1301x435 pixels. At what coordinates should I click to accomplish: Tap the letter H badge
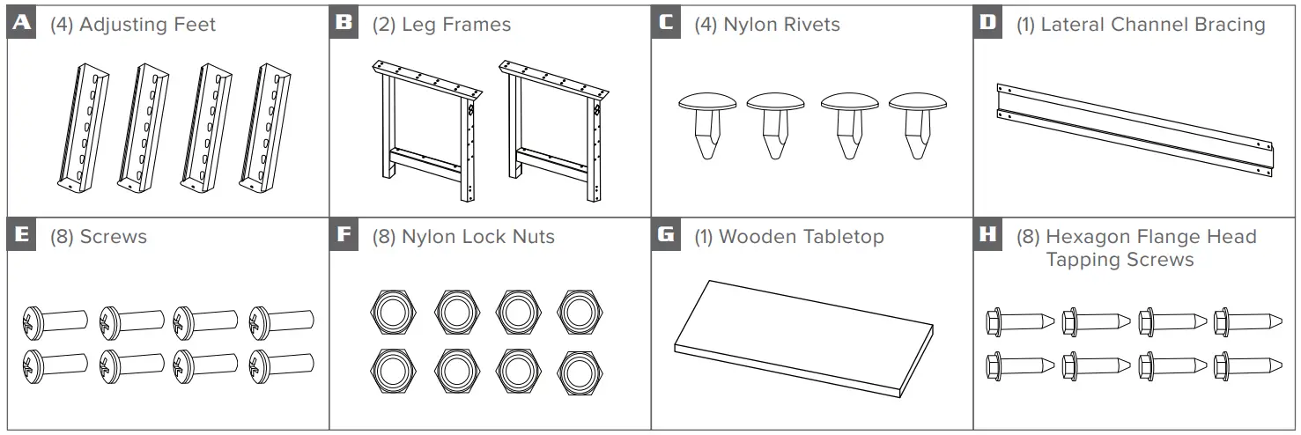coord(989,236)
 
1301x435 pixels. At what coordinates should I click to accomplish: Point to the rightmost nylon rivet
coord(917,124)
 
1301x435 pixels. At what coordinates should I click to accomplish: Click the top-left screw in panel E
coord(53,321)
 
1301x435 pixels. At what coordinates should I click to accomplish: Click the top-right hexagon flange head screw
coord(1246,321)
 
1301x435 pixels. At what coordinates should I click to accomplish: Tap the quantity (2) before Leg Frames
coord(384,25)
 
